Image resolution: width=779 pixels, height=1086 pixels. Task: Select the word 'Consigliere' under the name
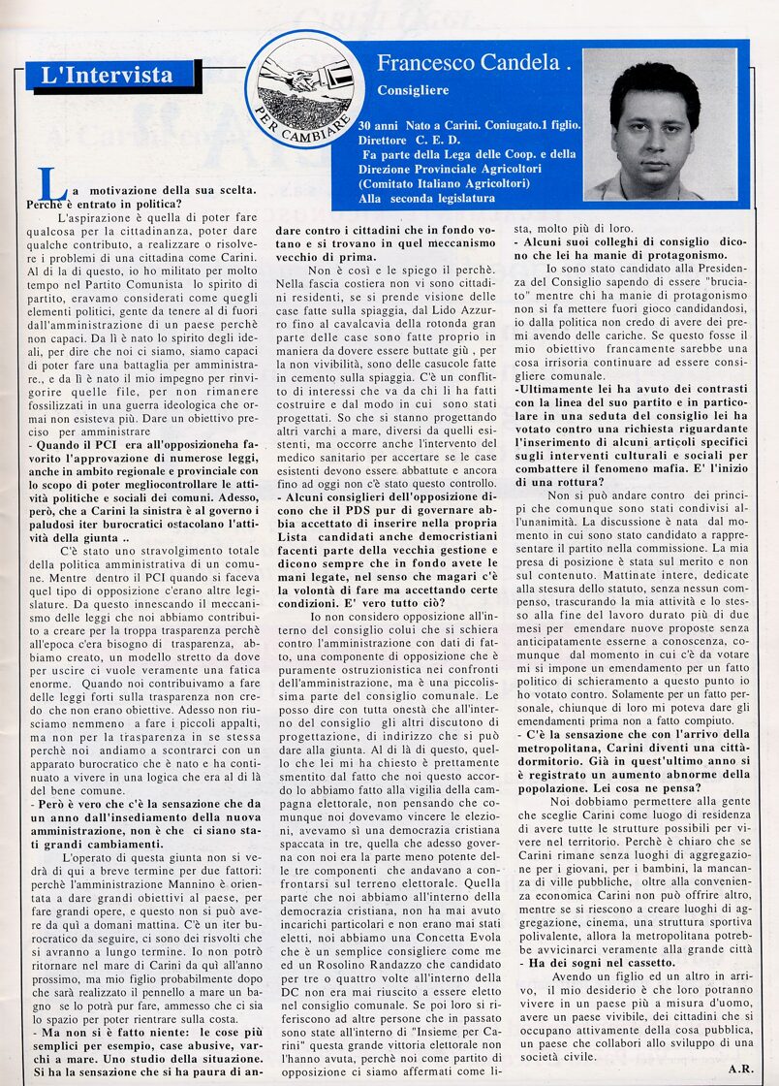(413, 90)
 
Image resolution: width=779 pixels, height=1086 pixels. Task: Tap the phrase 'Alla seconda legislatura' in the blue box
(427, 197)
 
